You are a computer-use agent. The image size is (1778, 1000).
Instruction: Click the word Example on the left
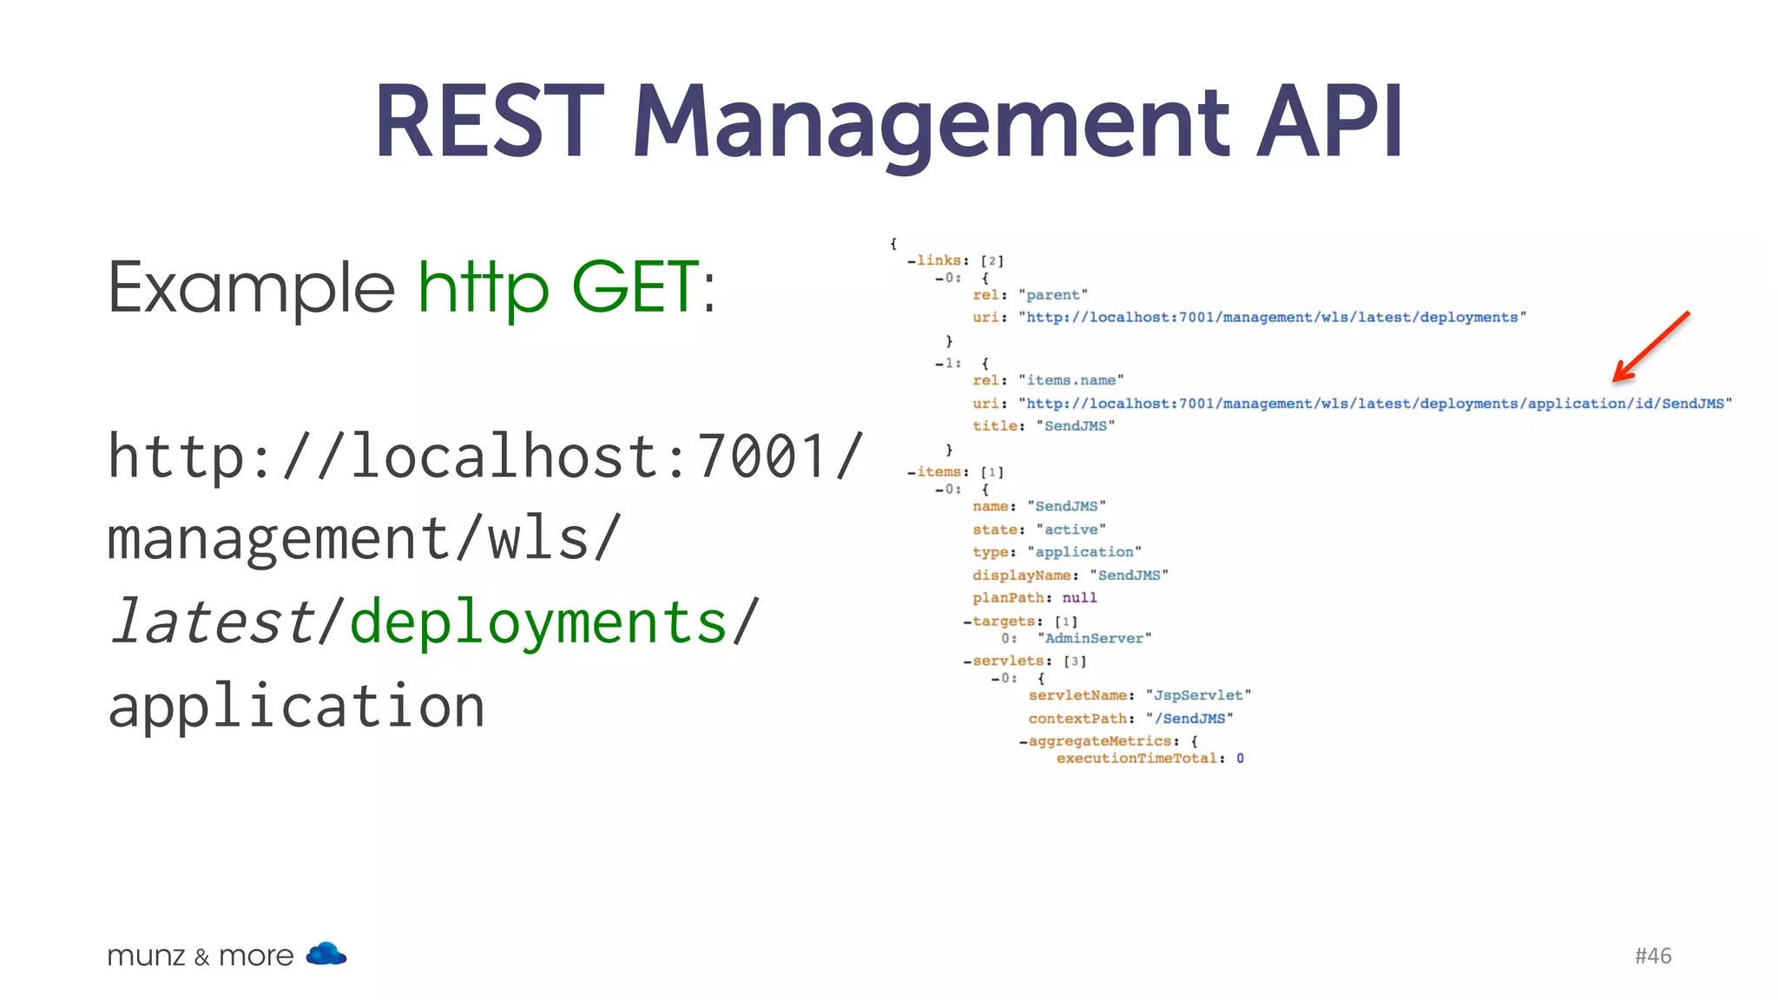(251, 289)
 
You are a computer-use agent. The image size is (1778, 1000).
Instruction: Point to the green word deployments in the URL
(538, 622)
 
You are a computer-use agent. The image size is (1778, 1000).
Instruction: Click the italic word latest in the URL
(213, 622)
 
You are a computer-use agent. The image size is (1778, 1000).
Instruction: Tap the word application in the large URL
(296, 706)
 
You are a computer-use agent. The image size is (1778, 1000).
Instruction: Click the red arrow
(1650, 346)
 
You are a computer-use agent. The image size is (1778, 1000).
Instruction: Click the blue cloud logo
(326, 954)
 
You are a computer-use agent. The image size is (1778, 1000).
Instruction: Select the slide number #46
(1652, 956)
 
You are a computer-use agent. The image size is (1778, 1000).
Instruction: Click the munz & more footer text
(200, 956)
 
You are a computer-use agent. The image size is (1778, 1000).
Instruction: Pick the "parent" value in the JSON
(1052, 295)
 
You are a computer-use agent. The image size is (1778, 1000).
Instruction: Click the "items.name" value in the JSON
(1070, 380)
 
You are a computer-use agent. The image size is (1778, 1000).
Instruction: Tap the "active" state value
(1070, 530)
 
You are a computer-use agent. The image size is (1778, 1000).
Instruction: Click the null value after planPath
(1079, 598)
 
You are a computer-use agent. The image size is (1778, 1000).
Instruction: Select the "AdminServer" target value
(1094, 639)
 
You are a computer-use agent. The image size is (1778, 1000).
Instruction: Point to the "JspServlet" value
(1198, 695)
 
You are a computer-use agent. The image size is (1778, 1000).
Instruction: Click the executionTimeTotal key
(1136, 759)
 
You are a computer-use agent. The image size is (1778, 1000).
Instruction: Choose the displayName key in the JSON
(1021, 576)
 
